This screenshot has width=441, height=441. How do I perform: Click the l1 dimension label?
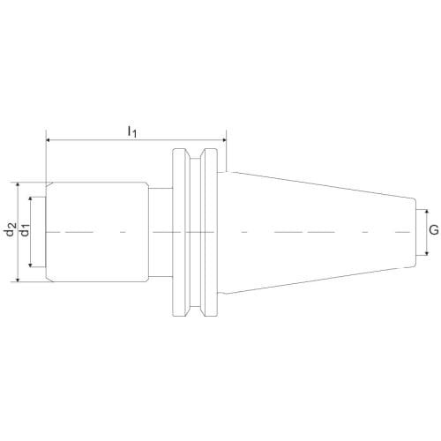click(132, 131)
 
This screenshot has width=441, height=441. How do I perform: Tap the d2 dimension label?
click(11, 229)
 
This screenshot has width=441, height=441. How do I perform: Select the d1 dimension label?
click(25, 229)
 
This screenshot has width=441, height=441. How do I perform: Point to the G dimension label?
click(434, 229)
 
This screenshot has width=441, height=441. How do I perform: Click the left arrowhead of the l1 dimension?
click(49, 140)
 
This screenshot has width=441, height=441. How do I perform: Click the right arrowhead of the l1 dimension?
click(223, 140)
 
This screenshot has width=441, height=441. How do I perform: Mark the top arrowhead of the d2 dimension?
click(18, 185)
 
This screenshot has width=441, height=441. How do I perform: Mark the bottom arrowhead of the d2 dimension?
click(18, 279)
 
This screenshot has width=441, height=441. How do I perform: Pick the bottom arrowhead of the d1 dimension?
click(30, 264)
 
